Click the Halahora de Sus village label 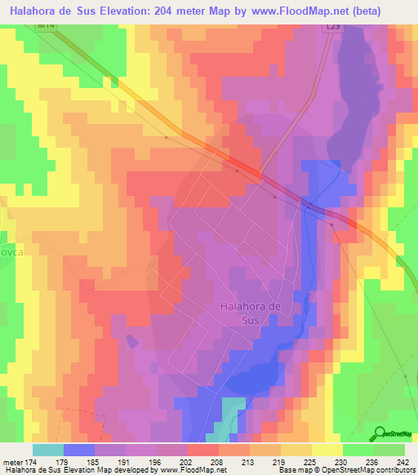[x=251, y=313]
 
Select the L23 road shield [x=332, y=27]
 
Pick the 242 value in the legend [x=402, y=461]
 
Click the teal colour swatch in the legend [x=48, y=450]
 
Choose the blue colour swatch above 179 [x=79, y=450]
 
